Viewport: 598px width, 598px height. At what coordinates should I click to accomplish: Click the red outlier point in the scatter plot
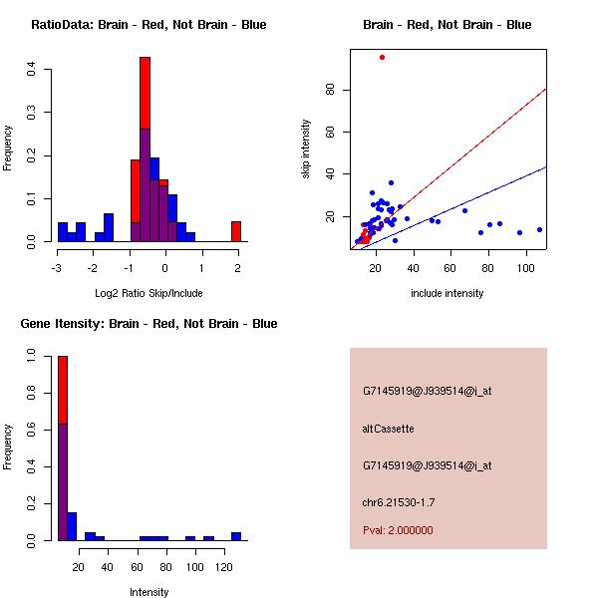(x=382, y=57)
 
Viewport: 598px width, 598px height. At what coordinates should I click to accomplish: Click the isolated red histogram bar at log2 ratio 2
(x=236, y=231)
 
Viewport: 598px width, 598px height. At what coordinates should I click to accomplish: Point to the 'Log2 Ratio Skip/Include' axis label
(x=149, y=293)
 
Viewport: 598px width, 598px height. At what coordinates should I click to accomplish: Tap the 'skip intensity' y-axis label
(x=307, y=149)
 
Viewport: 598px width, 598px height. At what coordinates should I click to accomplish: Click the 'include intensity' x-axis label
(x=448, y=293)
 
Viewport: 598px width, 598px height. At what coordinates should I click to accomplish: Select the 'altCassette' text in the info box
(x=389, y=429)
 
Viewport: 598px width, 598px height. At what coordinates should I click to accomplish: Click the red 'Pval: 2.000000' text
(x=398, y=530)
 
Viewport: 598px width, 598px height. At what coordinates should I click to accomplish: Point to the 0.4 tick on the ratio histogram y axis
(x=33, y=69)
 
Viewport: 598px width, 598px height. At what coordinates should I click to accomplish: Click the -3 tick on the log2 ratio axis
(x=58, y=267)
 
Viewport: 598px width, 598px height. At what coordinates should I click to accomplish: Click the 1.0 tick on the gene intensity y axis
(x=33, y=354)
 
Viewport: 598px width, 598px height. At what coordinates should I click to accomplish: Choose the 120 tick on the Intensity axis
(x=227, y=566)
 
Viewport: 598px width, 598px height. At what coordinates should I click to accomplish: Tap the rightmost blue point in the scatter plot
(x=539, y=229)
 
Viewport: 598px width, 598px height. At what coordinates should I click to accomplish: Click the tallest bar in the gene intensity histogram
(x=63, y=448)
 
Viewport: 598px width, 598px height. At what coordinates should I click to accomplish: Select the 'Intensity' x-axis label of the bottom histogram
(x=149, y=592)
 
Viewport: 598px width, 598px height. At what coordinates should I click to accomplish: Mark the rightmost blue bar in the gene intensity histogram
(x=236, y=536)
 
